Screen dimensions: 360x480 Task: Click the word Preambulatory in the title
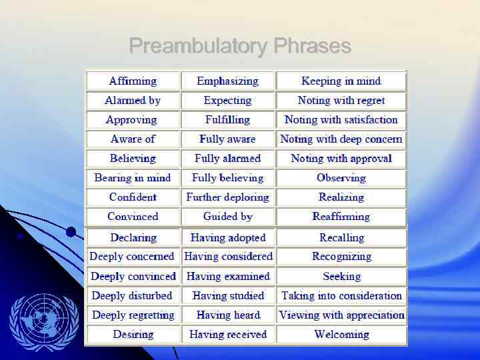tap(198, 46)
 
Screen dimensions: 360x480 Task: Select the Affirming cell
tap(133, 81)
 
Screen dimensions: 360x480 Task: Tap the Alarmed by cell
tap(133, 100)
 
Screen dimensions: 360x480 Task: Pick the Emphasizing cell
tap(227, 81)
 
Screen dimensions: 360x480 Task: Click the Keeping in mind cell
tap(341, 81)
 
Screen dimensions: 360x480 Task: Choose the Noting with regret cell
tap(341, 100)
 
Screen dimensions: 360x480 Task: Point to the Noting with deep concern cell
tap(341, 139)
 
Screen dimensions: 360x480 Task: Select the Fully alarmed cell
tap(227, 158)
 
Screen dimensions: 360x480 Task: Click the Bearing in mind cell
tap(133, 177)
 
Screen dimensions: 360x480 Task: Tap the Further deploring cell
tap(227, 197)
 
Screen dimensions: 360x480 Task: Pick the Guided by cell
tap(227, 216)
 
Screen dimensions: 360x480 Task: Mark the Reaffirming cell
tap(341, 216)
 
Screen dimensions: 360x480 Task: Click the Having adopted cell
tap(227, 237)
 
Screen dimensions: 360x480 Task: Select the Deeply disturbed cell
tap(133, 295)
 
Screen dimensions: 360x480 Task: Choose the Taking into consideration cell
tap(341, 295)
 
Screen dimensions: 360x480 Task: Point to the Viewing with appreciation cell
tap(341, 315)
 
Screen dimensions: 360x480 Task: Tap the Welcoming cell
tap(341, 334)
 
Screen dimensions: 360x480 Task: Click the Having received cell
tap(227, 334)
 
